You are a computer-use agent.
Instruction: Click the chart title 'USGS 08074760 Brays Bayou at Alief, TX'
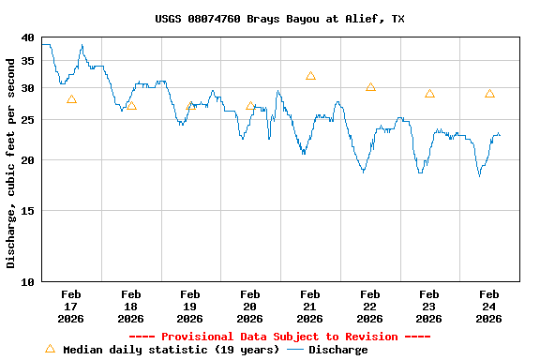click(279, 19)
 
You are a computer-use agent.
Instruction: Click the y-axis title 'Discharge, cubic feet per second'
click(11, 163)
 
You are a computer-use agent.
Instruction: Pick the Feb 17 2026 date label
click(71, 307)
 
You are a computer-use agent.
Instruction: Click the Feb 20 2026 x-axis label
click(250, 307)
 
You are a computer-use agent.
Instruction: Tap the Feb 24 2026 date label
click(488, 307)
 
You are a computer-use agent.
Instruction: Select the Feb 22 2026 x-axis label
click(369, 307)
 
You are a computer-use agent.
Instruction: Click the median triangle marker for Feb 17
click(71, 99)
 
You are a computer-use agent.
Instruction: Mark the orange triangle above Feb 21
click(310, 76)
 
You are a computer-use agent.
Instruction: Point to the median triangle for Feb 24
click(489, 94)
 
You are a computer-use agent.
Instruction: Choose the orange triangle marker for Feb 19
click(191, 106)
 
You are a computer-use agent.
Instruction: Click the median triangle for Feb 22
click(370, 87)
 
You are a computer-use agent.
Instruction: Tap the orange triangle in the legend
click(50, 349)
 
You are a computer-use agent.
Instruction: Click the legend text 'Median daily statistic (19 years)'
click(171, 350)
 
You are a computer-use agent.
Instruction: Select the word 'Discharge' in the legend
click(337, 350)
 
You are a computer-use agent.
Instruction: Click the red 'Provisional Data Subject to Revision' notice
click(279, 337)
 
